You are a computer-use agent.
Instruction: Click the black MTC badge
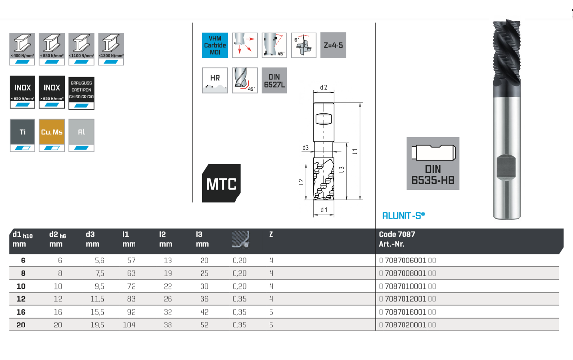coord(221,184)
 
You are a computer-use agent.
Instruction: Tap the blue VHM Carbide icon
coord(215,45)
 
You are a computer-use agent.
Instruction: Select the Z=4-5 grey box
coord(333,45)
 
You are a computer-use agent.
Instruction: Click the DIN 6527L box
coord(274,80)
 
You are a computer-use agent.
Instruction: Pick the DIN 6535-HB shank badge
coord(433,164)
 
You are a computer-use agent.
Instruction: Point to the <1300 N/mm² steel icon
coord(111,49)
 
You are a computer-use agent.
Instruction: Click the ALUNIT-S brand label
coord(404,215)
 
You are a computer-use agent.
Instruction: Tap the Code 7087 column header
coord(397,234)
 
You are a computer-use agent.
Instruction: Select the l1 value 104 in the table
coord(129,325)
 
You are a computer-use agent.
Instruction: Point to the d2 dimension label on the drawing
coord(324,88)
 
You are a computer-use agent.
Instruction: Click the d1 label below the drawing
coord(324,210)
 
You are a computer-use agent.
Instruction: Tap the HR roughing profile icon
coord(215,80)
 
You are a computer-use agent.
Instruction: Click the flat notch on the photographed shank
coord(506,167)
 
